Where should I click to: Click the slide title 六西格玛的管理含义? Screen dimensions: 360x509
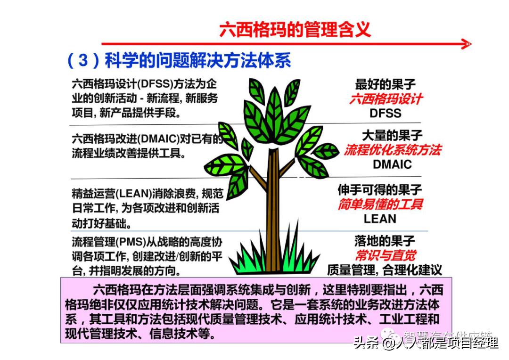(x=295, y=29)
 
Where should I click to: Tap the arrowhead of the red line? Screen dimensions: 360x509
(x=467, y=44)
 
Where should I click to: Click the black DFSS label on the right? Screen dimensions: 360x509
(x=386, y=113)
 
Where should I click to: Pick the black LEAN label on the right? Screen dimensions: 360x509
(x=380, y=219)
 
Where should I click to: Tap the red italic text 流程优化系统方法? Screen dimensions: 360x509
(x=392, y=150)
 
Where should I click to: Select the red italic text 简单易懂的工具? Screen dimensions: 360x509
(x=380, y=205)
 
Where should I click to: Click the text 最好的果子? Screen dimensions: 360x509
(x=386, y=85)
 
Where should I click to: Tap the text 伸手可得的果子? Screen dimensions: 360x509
(x=380, y=190)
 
